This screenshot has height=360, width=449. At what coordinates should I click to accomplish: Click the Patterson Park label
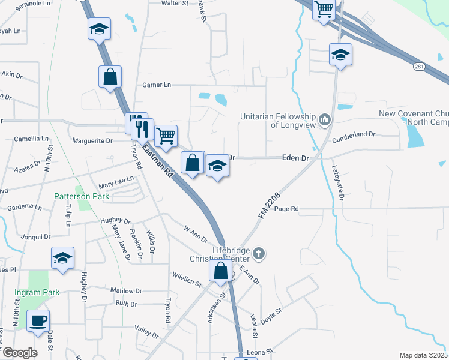[80, 196]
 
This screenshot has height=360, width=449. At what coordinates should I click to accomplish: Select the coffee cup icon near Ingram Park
[38, 320]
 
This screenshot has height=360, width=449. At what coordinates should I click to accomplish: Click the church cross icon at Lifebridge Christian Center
[259, 253]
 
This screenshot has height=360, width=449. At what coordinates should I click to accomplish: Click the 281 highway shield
[420, 67]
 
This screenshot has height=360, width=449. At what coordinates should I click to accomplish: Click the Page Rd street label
[286, 209]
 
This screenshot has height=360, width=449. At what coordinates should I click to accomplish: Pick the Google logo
[19, 353]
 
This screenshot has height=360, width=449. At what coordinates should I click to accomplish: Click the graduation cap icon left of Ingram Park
[62, 258]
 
